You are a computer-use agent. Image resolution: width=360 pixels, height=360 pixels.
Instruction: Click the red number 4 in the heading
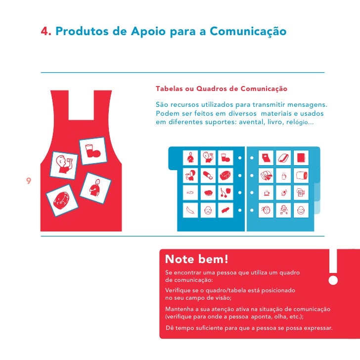[x=45, y=31]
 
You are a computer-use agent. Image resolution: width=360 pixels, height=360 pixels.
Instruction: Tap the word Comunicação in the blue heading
[x=248, y=32]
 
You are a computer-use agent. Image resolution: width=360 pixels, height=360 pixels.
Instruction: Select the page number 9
[x=29, y=180]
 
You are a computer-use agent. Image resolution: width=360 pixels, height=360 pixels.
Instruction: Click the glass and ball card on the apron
[x=93, y=151]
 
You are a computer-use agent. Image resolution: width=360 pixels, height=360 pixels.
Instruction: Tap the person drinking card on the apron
[x=64, y=165]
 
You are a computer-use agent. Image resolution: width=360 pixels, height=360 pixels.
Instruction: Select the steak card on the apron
[x=62, y=200]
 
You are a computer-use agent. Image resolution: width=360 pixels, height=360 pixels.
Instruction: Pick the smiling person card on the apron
[x=95, y=188]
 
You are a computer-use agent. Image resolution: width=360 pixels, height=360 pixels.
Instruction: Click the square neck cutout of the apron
[x=81, y=105]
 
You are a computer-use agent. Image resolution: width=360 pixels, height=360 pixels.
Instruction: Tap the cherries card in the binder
[x=225, y=193]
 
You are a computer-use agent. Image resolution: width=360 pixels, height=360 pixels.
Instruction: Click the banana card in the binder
[x=190, y=210]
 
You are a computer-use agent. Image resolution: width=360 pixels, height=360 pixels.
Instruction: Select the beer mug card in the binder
[x=301, y=193]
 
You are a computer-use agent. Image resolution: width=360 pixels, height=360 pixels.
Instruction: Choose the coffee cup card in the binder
[x=266, y=193]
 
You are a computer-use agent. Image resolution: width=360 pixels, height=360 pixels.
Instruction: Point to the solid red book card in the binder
[x=301, y=158]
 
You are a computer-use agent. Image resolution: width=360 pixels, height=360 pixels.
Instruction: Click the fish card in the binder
[x=190, y=193]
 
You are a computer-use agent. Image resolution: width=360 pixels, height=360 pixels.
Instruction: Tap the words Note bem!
[x=197, y=259]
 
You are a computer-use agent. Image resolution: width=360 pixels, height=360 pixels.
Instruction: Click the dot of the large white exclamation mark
[x=333, y=280]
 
